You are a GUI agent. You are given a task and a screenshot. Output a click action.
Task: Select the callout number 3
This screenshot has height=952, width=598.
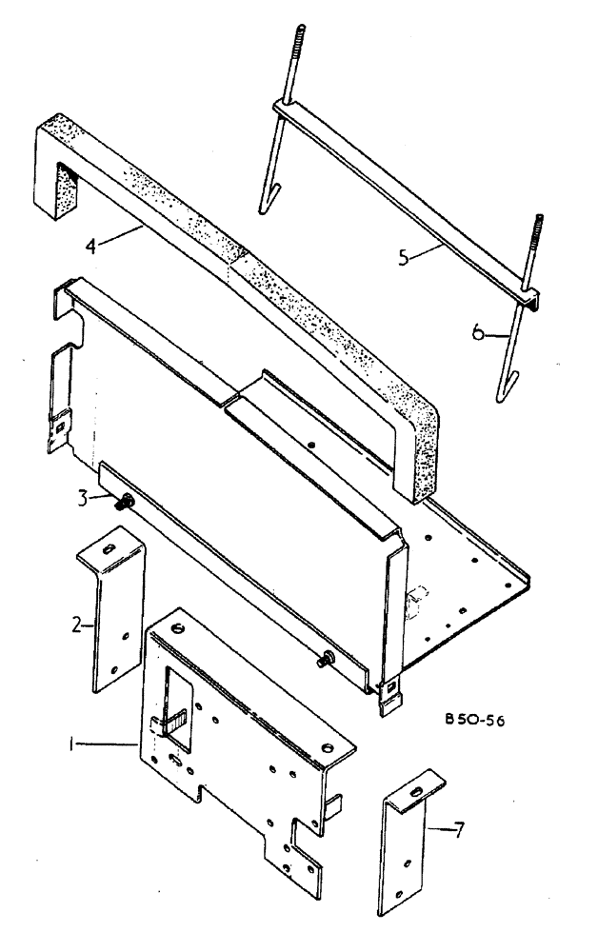pos(85,497)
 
